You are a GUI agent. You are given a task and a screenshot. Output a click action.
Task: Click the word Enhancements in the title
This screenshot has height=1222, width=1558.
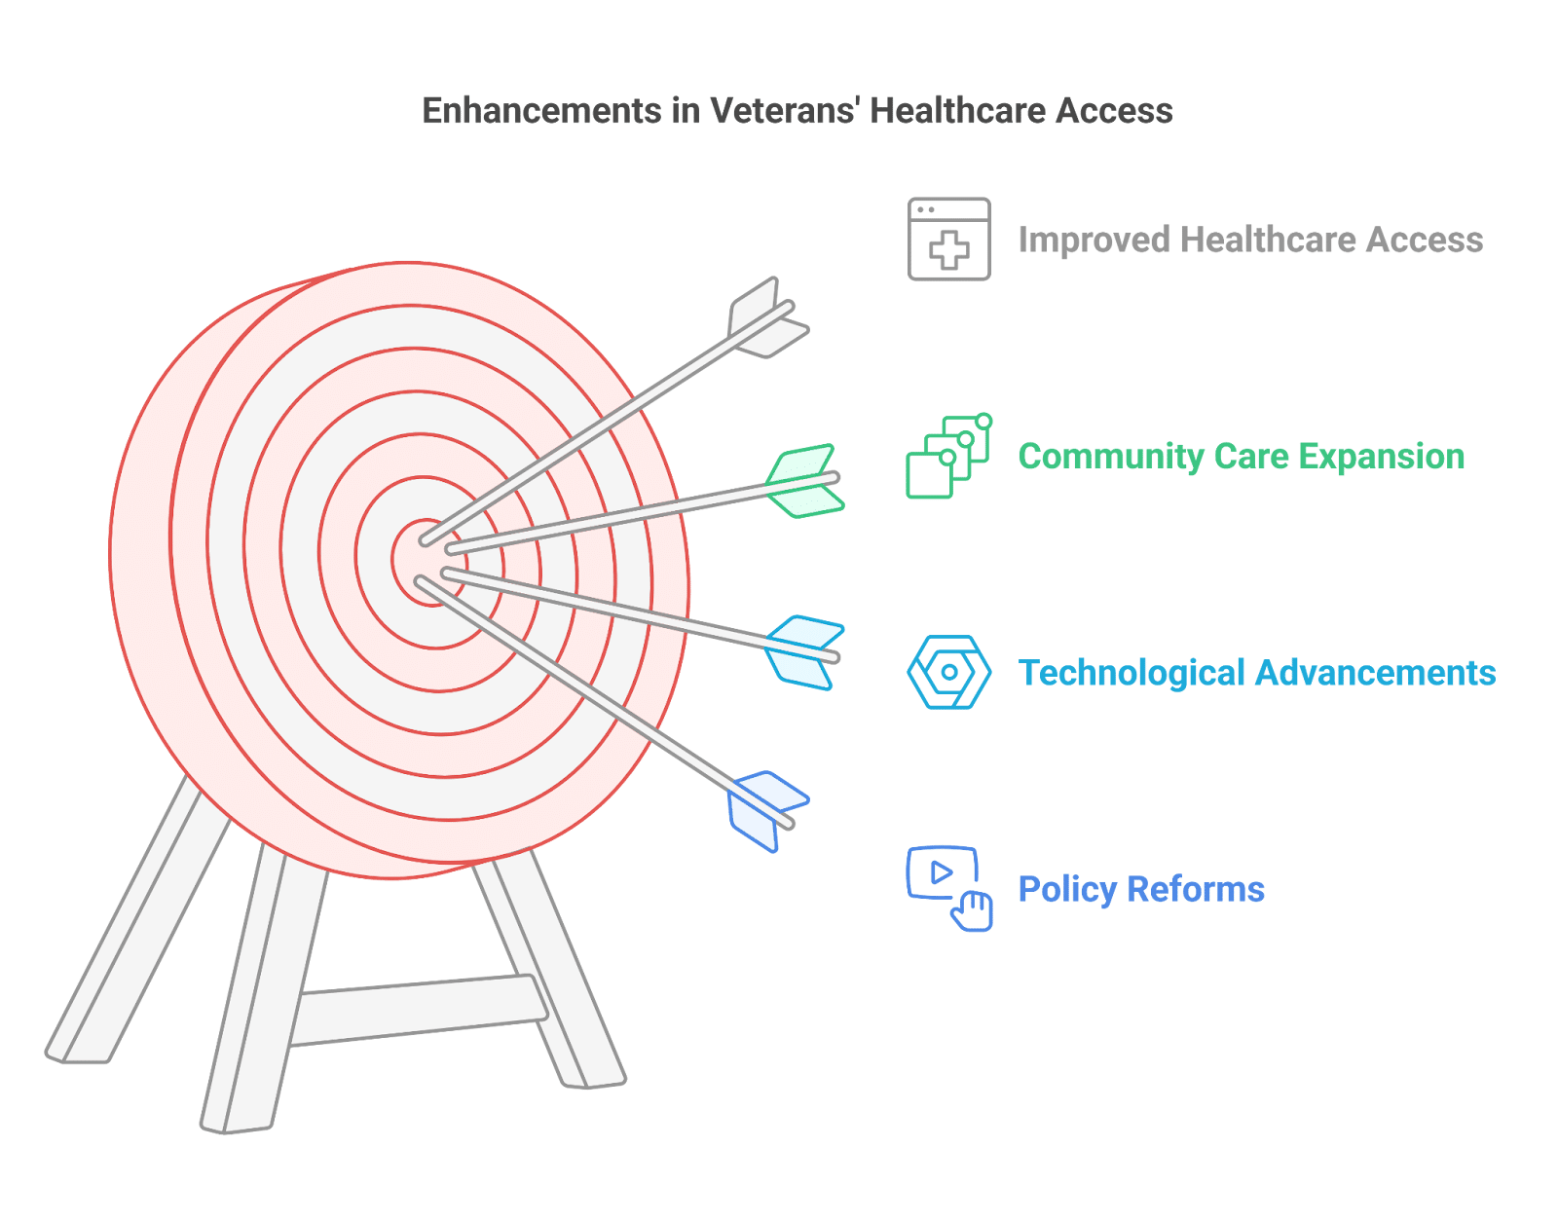coord(541,111)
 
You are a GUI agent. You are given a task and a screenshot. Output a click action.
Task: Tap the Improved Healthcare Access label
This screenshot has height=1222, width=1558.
coord(1250,240)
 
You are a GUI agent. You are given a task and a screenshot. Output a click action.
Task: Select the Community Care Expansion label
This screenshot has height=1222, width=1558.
coord(1242,457)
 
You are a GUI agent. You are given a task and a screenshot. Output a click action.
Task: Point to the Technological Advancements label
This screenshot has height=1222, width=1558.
coord(1257,673)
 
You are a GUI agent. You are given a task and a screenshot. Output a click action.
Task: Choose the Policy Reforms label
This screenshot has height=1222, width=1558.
coord(1140,889)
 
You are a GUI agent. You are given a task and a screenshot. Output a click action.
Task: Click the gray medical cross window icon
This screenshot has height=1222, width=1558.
coord(948,239)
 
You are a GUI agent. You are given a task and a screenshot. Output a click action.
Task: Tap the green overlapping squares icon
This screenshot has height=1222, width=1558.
coord(948,456)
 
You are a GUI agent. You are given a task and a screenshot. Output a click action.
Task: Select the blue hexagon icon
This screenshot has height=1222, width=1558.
coord(948,672)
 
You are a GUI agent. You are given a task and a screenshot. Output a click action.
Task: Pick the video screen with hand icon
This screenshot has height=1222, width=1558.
coord(948,889)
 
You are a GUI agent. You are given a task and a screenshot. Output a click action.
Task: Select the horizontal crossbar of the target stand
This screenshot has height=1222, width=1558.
coord(419,1011)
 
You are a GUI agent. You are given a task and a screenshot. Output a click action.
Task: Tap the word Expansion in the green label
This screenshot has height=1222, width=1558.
coord(1381,457)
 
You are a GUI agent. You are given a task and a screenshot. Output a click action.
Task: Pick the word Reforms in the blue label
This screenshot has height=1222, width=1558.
coord(1195,889)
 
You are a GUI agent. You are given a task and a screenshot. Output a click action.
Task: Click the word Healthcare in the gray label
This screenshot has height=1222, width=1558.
coord(1268,240)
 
